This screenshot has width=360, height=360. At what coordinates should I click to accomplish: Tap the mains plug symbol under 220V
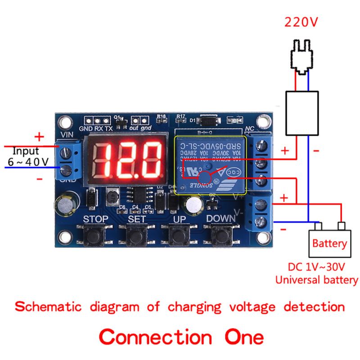pos(302,56)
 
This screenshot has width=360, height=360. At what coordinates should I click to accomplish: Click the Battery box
pos(329,244)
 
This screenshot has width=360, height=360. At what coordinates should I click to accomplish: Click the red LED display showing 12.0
pos(128,161)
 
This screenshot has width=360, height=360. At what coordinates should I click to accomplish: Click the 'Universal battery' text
pos(316,280)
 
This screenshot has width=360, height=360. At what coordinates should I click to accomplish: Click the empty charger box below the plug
pos(302,112)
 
